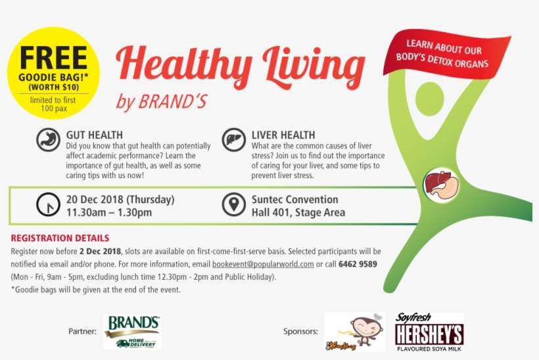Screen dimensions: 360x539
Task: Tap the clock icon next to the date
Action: pyautogui.click(x=47, y=206)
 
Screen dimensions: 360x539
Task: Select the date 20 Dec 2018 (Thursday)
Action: pyautogui.click(x=120, y=200)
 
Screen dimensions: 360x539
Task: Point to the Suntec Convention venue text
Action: pyautogui.click(x=294, y=200)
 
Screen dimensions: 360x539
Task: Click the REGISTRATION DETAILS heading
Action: pyautogui.click(x=60, y=238)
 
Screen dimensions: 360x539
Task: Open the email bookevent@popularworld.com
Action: pyautogui.click(x=262, y=264)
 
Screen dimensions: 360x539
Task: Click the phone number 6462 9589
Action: pyautogui.click(x=359, y=264)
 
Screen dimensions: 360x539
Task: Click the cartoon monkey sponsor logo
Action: pyautogui.click(x=354, y=332)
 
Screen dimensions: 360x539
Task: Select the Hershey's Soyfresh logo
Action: pyautogui.click(x=429, y=332)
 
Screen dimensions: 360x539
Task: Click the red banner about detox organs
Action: pyautogui.click(x=447, y=56)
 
